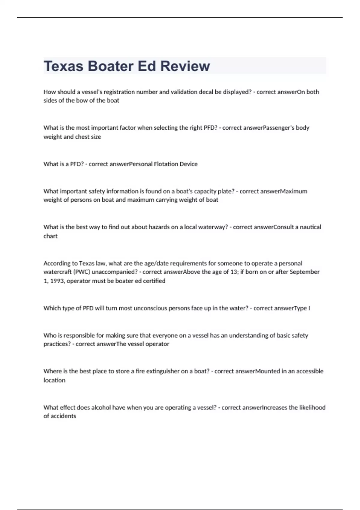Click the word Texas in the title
pyautogui.click(x=63, y=66)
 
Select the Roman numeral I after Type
pyautogui.click(x=309, y=308)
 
